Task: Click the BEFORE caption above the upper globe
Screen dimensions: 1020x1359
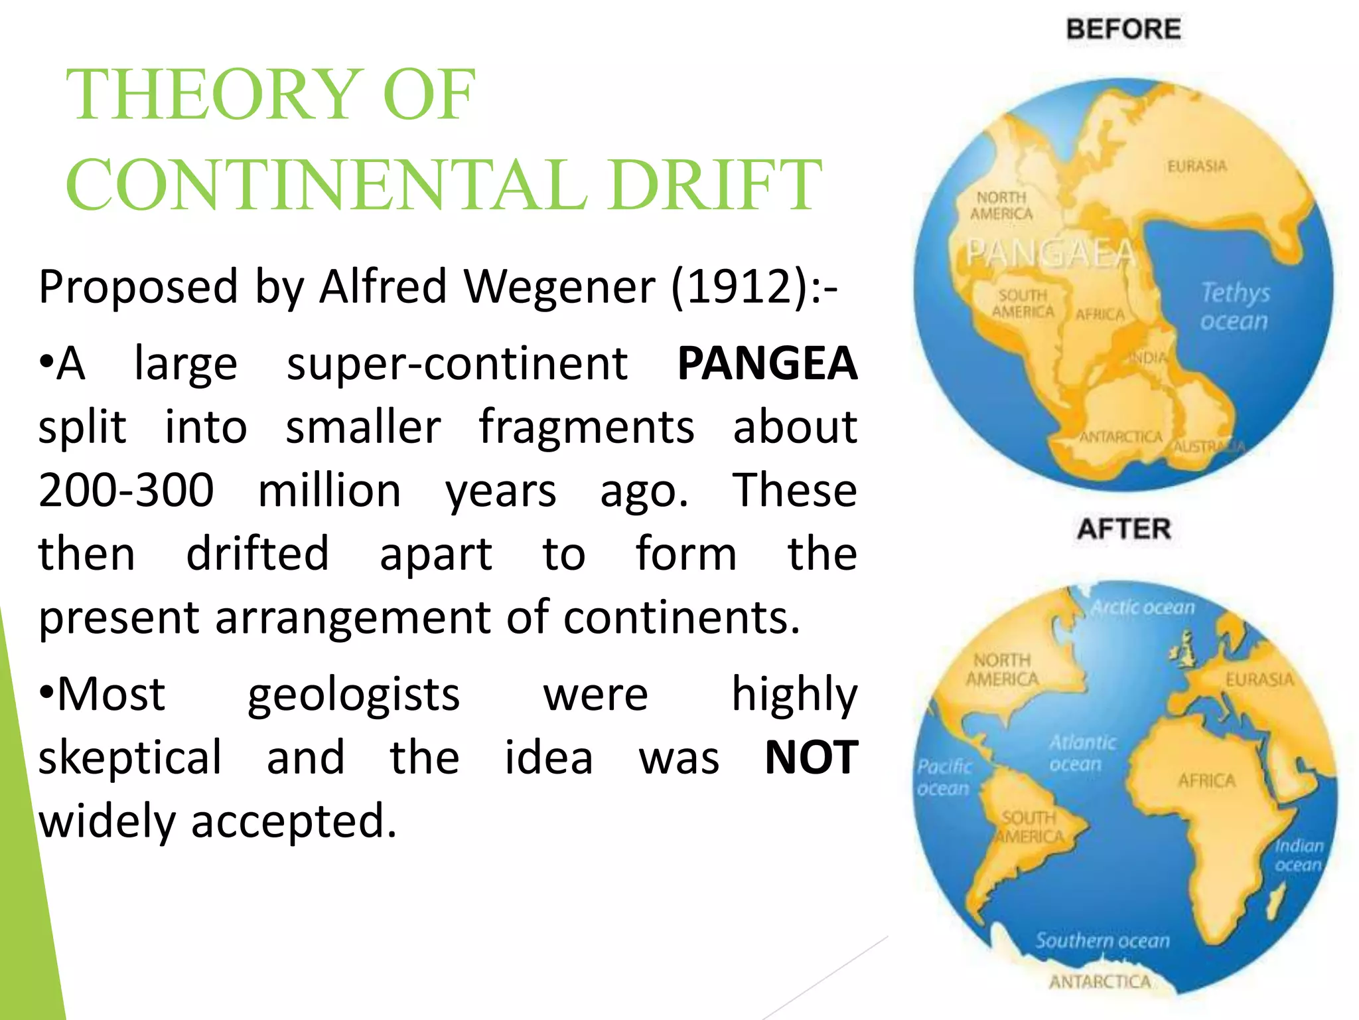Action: click(1123, 30)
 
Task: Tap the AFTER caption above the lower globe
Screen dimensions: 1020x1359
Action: click(1124, 529)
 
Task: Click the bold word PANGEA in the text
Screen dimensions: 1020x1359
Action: click(767, 363)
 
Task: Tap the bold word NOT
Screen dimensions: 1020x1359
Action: click(812, 758)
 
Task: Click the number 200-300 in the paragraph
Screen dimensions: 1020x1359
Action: click(126, 490)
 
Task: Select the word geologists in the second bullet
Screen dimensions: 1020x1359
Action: click(354, 695)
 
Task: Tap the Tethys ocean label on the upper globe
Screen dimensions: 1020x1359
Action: click(1235, 306)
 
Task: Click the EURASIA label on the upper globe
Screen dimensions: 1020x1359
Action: click(1197, 166)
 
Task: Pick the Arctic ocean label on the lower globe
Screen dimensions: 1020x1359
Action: click(1143, 607)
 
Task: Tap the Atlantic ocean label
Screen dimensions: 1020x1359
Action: click(1082, 753)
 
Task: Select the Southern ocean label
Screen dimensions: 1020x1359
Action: click(1103, 940)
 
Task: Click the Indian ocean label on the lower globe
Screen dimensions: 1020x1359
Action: click(1299, 855)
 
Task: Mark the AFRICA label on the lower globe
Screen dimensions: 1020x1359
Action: click(1206, 781)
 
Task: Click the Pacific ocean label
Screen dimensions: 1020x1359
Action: click(944, 778)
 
